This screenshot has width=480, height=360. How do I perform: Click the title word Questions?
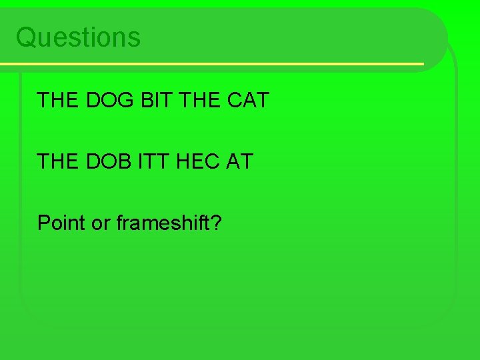click(x=78, y=37)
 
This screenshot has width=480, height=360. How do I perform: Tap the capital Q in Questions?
click(x=25, y=37)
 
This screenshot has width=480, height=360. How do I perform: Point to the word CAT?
click(x=247, y=100)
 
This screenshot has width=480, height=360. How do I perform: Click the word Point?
click(x=61, y=223)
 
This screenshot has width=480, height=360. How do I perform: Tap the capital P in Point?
click(x=43, y=223)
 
